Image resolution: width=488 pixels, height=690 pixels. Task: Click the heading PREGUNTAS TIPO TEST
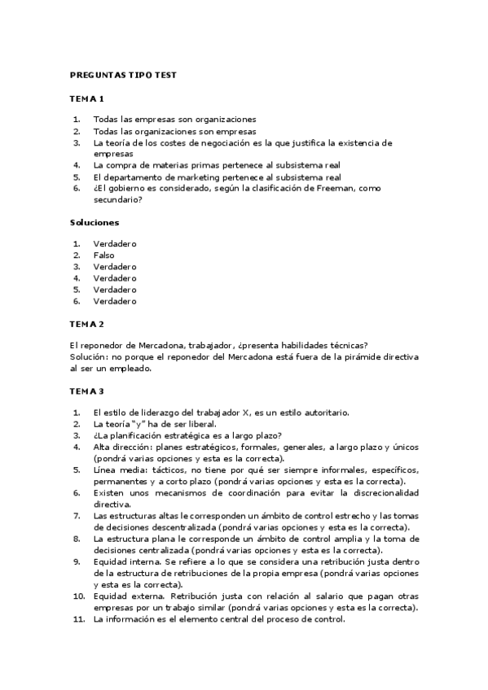tap(123, 75)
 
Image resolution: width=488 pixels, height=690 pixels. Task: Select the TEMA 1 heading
tap(86, 99)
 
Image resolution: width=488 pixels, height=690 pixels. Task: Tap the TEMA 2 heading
tap(86, 323)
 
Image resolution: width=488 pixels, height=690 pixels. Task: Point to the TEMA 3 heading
tap(86, 391)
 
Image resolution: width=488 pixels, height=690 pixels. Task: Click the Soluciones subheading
tap(94, 222)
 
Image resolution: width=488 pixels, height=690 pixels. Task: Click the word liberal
tap(200, 424)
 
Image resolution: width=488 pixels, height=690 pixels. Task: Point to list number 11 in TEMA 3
tap(77, 619)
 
